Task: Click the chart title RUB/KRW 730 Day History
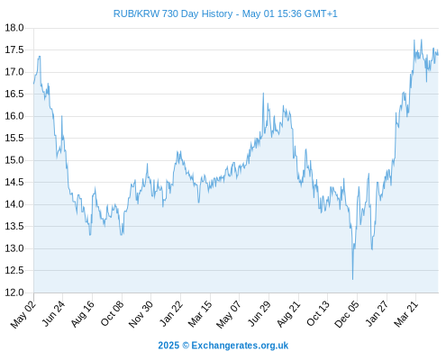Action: click(x=173, y=13)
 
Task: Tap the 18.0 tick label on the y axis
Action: click(x=14, y=28)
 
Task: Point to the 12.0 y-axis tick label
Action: click(x=14, y=292)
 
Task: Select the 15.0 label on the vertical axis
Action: click(x=14, y=160)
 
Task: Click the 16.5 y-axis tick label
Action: click(x=14, y=94)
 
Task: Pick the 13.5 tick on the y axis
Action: click(x=14, y=226)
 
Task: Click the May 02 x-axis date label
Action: click(x=23, y=314)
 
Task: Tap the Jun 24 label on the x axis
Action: click(x=53, y=314)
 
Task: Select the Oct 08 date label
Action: click(x=112, y=314)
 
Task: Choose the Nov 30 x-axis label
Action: click(x=141, y=314)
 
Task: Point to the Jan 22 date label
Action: click(x=171, y=314)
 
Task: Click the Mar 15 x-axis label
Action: click(x=200, y=314)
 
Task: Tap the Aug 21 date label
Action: click(x=288, y=314)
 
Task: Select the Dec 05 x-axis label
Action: click(x=347, y=314)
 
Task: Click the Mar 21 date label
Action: click(x=406, y=314)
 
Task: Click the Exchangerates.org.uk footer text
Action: click(x=240, y=346)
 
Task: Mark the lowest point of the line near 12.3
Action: click(x=352, y=280)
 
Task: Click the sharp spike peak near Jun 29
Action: click(x=263, y=93)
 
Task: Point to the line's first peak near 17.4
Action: click(x=40, y=56)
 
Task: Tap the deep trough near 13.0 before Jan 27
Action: click(x=372, y=249)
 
